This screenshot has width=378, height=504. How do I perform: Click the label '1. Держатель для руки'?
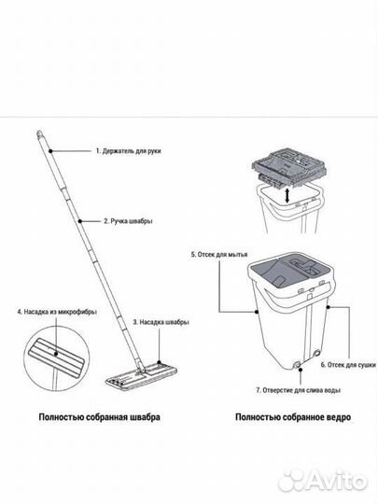pos(128,151)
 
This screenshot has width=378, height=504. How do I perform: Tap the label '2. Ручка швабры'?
pos(128,221)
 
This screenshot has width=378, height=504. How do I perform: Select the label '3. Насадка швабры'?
pos(161,322)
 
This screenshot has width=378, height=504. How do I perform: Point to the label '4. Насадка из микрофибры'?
pos(57,312)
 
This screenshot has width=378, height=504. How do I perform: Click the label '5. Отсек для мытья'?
pos(219,255)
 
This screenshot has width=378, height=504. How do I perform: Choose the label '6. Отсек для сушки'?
pos(348,365)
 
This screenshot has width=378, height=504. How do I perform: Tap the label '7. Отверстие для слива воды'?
pos(299,390)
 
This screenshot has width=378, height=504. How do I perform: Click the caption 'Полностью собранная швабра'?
pos(99,417)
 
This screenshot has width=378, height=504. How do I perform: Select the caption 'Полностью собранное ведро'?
pos(293,417)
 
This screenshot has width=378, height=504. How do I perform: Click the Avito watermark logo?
pos(322,481)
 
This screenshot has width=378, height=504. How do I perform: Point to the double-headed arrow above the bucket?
pos(287,196)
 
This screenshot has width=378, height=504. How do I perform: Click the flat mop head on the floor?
pos(142,376)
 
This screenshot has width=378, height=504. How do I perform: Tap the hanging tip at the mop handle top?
pos(39,133)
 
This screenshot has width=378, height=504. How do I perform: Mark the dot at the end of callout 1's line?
pos(50,151)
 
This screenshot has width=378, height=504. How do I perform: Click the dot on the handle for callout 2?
pos(80,221)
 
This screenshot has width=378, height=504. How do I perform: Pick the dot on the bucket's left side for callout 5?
pos(257,312)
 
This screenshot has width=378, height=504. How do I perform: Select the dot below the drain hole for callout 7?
pos(301,370)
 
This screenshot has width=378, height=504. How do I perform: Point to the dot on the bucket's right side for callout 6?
pos(329,307)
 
